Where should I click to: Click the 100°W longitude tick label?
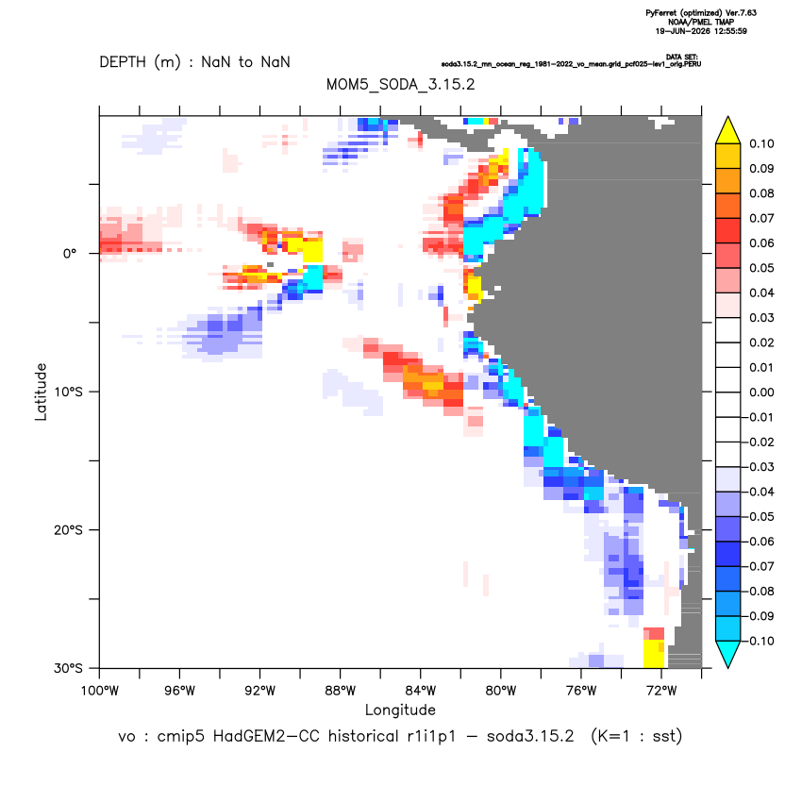pyautogui.click(x=100, y=691)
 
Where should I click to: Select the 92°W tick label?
pyautogui.click(x=259, y=691)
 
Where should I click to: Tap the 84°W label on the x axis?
pyautogui.click(x=421, y=691)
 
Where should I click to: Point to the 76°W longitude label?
pyautogui.click(x=581, y=691)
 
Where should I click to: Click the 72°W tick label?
pyautogui.click(x=661, y=691)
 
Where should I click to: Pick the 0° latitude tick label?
pyautogui.click(x=70, y=254)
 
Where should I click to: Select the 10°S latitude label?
pyautogui.click(x=68, y=392)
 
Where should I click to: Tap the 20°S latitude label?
pyautogui.click(x=68, y=529)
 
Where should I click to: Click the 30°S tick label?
pyautogui.click(x=68, y=668)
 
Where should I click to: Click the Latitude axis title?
pyautogui.click(x=41, y=392)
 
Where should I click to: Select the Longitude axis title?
pyautogui.click(x=400, y=710)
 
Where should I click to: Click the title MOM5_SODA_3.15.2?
pyautogui.click(x=400, y=84)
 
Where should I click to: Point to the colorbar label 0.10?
pyautogui.click(x=761, y=143)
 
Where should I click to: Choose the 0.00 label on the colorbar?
pyautogui.click(x=761, y=392)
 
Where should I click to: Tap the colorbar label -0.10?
pyautogui.click(x=759, y=641)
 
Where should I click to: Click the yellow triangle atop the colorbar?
pyautogui.click(x=728, y=130)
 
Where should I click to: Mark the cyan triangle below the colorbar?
pyautogui.click(x=728, y=654)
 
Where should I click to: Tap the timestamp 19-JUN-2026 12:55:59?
pyautogui.click(x=701, y=31)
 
